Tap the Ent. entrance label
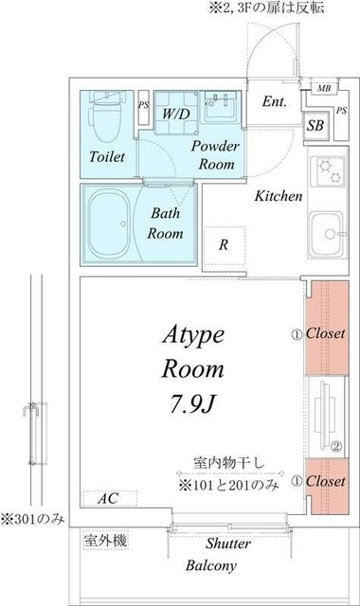tap(276, 102)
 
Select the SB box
tap(315, 123)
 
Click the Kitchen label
tap(279, 197)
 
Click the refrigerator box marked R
tap(224, 244)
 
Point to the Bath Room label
tap(166, 223)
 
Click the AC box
tap(110, 497)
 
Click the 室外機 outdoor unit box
tap(106, 541)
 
